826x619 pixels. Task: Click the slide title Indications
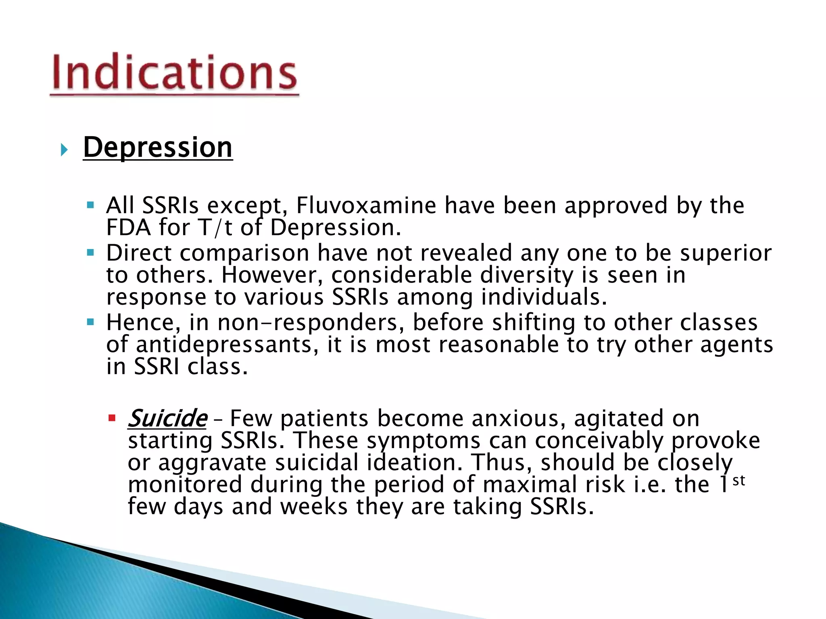coord(174,73)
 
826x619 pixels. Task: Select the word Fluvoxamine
coord(366,206)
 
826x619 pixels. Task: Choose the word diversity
coord(526,276)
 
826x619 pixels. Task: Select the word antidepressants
coord(224,345)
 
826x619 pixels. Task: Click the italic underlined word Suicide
coord(167,419)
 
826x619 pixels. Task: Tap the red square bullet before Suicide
coord(112,418)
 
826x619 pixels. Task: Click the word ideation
coord(415,463)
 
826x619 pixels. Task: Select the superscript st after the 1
coord(739,480)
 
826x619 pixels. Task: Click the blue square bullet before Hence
coord(90,322)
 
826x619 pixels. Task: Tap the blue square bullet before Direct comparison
coord(90,253)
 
